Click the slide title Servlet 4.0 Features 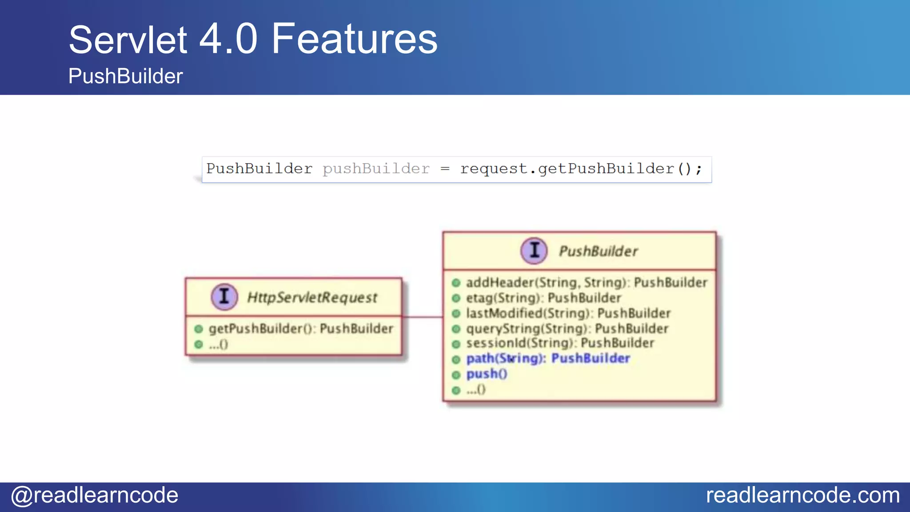253,40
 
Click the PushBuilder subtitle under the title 125,76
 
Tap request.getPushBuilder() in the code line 580,169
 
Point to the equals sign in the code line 445,169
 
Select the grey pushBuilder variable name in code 376,169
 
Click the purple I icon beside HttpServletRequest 224,296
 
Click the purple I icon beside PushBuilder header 534,251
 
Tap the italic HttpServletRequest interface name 312,297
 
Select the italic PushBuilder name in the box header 598,251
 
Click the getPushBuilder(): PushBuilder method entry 301,329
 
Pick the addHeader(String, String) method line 586,283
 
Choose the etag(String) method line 543,298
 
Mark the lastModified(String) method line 568,313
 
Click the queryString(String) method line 567,329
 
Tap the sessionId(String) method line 559,343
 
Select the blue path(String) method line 547,358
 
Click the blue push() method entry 486,374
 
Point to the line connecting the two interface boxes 422,317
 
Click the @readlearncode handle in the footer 95,495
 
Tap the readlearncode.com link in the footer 802,495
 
